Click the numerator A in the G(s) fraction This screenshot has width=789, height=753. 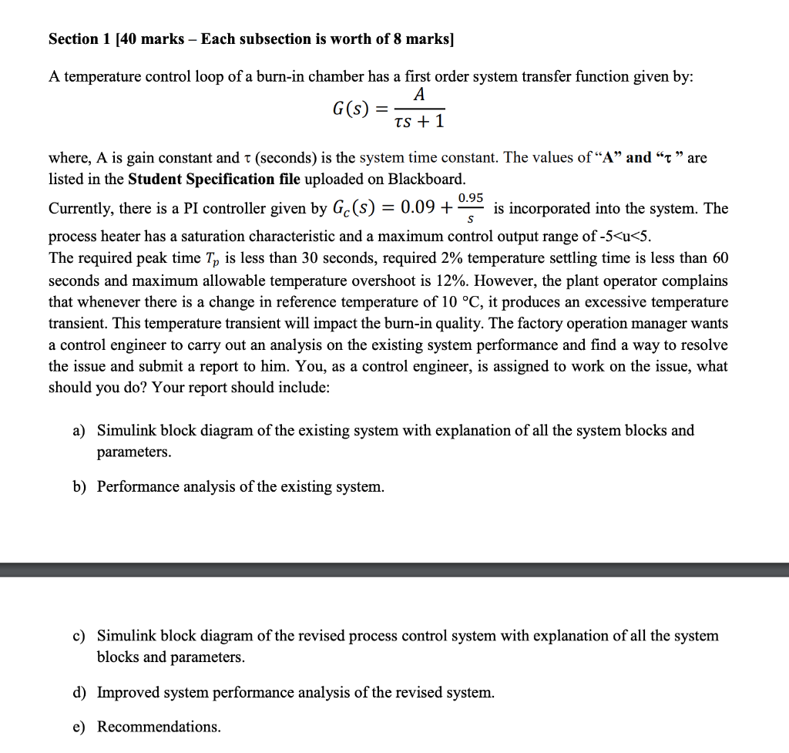(x=419, y=95)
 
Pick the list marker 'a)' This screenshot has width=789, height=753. (x=79, y=431)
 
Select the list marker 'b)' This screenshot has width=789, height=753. (x=79, y=487)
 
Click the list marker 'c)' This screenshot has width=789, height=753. (x=79, y=636)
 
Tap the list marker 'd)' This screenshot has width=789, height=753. (x=79, y=693)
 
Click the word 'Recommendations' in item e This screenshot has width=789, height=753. (x=158, y=727)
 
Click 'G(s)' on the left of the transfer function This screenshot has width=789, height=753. (x=349, y=109)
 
